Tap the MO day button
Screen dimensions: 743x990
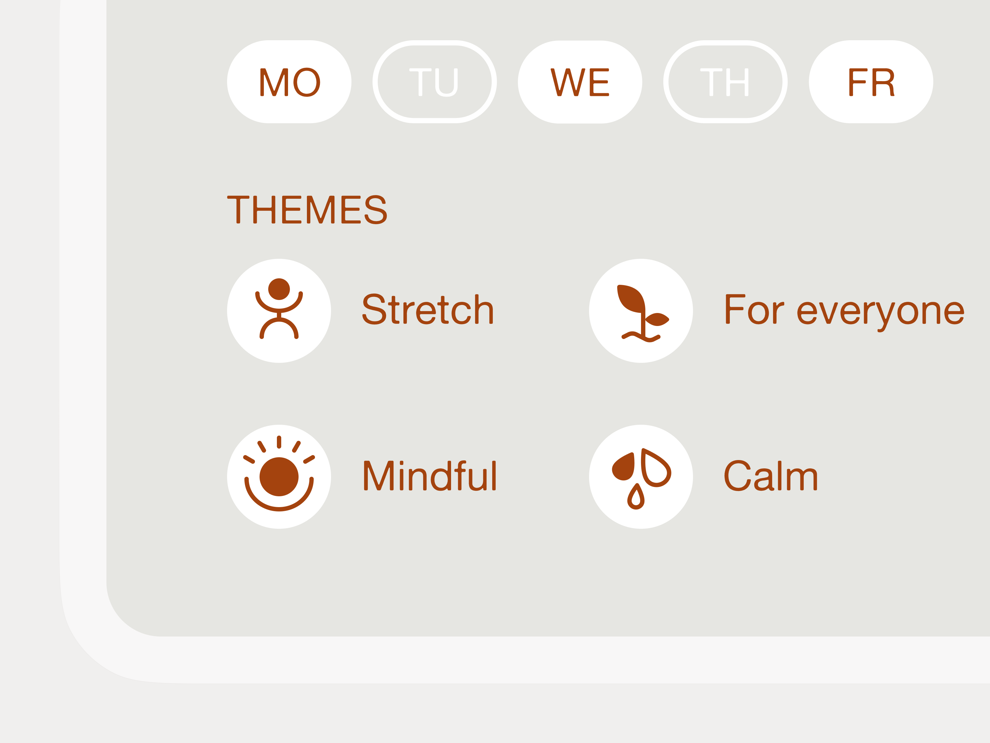[x=289, y=82]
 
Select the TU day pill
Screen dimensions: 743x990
[x=435, y=82]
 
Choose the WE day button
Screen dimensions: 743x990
[x=580, y=82]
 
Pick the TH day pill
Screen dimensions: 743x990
[x=725, y=82]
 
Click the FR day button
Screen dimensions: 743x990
[x=871, y=82]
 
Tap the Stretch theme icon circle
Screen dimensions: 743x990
[x=279, y=311]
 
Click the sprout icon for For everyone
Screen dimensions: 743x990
[x=641, y=311]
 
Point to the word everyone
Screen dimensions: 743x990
[x=881, y=312]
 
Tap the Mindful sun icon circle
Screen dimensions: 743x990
[x=279, y=476]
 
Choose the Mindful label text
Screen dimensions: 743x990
[x=430, y=476]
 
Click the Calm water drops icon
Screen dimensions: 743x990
[x=641, y=476]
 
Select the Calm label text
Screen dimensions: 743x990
[x=771, y=476]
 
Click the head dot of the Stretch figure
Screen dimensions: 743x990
[x=279, y=289]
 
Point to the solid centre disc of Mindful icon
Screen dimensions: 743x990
[x=279, y=476]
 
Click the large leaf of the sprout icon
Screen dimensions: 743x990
[x=630, y=298]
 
